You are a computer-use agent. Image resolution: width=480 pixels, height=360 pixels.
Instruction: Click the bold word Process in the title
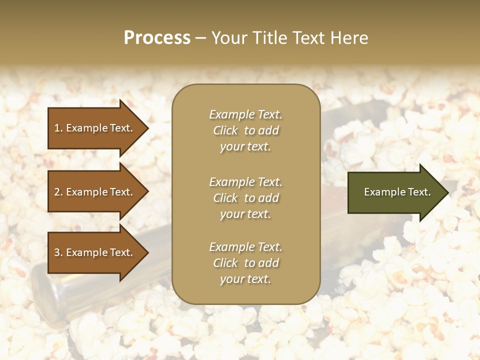pyautogui.click(x=157, y=38)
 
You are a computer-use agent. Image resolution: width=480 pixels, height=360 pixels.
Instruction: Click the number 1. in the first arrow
pyautogui.click(x=58, y=128)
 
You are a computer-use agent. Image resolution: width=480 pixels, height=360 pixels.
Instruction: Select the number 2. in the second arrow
pyautogui.click(x=58, y=192)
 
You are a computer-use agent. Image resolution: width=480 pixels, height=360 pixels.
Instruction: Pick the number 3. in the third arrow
pyautogui.click(x=58, y=252)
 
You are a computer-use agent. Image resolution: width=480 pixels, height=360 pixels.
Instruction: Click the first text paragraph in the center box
pyautogui.click(x=245, y=130)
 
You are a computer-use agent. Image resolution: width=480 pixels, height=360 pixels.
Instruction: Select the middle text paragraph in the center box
pyautogui.click(x=245, y=198)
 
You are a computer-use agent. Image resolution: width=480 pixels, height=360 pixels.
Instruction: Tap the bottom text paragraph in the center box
pyautogui.click(x=245, y=263)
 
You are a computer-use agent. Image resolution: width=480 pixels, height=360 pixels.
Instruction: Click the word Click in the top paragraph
pyautogui.click(x=225, y=130)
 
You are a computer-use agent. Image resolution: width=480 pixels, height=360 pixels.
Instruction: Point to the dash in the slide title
pyautogui.click(x=200, y=38)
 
